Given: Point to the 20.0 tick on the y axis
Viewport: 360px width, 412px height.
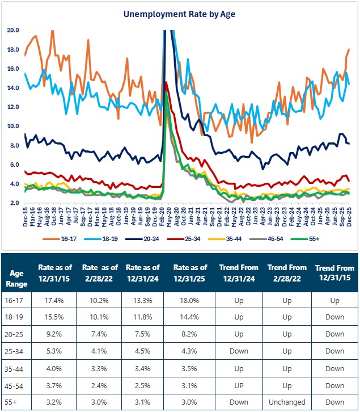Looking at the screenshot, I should pos(13,30).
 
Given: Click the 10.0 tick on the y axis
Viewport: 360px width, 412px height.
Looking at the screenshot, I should pos(13,126).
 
